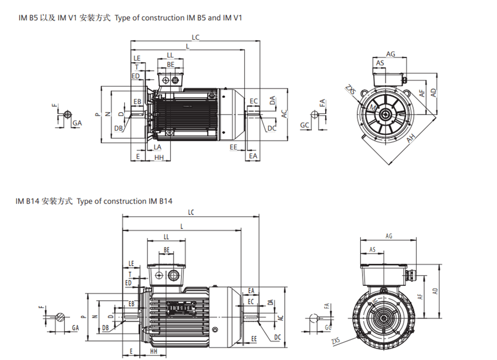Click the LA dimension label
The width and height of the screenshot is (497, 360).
click(156, 148)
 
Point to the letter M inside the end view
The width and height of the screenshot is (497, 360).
click(373, 108)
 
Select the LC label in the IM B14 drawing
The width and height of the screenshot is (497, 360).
click(191, 212)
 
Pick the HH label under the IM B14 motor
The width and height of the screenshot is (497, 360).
click(153, 350)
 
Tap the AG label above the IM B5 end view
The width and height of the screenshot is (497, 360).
click(391, 54)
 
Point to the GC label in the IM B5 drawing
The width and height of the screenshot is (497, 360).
click(305, 125)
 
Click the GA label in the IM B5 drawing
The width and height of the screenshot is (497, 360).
click(76, 123)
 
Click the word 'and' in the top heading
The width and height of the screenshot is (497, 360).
click(214, 18)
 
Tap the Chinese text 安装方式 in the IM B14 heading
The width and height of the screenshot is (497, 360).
click(57, 201)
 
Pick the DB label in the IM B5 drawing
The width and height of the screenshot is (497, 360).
click(118, 128)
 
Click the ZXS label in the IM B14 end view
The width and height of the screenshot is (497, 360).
click(336, 341)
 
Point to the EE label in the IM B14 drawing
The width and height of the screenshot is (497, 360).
click(253, 340)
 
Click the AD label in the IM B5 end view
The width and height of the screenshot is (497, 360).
click(433, 91)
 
